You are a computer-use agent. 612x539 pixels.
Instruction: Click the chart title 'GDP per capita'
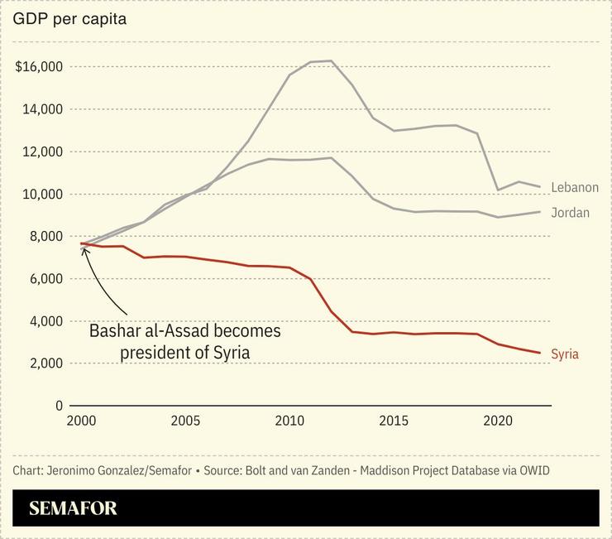click(x=69, y=19)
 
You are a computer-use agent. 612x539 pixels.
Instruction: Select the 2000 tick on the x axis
click(x=83, y=421)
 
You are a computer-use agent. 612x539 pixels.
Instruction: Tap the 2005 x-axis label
click(x=186, y=421)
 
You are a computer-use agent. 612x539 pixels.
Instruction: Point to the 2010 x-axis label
click(x=289, y=421)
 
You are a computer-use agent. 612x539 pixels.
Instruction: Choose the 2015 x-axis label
click(x=393, y=421)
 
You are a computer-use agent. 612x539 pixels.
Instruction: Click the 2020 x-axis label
click(x=496, y=421)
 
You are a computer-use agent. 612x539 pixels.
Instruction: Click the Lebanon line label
click(x=574, y=188)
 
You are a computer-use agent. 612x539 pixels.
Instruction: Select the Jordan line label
click(x=570, y=213)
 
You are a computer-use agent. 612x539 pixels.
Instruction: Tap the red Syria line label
click(x=565, y=354)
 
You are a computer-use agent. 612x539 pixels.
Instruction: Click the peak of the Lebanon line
click(x=331, y=60)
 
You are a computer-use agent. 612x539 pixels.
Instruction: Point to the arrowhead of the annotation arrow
click(x=83, y=248)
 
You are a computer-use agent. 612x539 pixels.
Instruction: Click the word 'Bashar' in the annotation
click(x=117, y=331)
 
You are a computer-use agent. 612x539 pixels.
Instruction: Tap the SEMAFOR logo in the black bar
click(x=73, y=508)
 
